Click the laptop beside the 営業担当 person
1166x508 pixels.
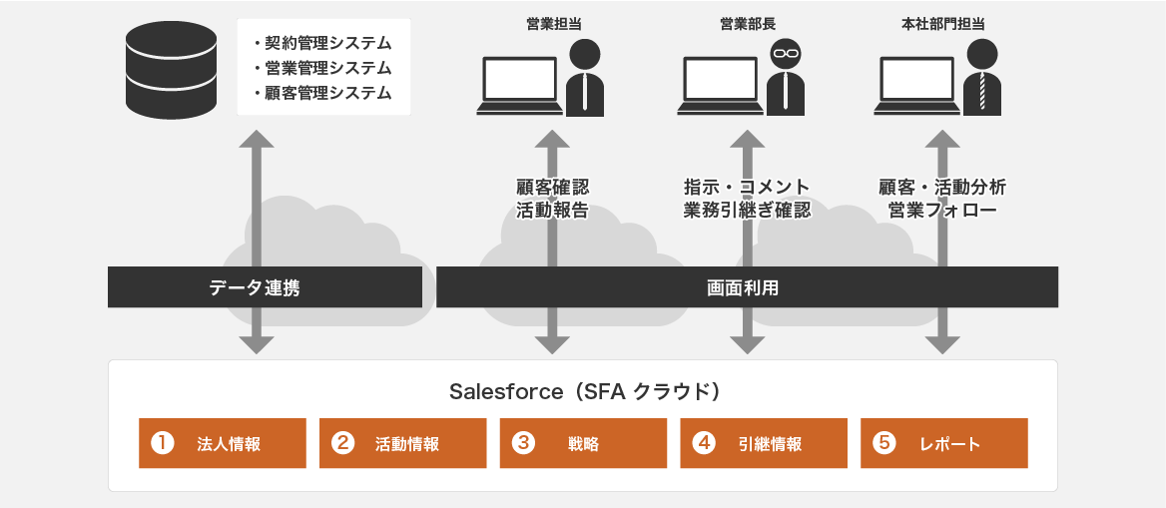click(x=519, y=84)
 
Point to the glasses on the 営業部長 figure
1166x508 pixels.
click(x=786, y=53)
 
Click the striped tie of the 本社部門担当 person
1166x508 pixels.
click(x=984, y=92)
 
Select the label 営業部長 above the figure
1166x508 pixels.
click(x=748, y=21)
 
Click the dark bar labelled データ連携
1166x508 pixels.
click(x=265, y=287)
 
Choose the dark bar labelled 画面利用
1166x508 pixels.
click(x=747, y=287)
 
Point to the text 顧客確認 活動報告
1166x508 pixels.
click(x=552, y=199)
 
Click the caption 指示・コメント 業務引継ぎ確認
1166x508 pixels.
click(x=747, y=199)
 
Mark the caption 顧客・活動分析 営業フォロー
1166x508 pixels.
click(x=942, y=199)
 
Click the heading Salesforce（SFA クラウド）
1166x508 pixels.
click(x=584, y=391)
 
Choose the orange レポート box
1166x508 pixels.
click(x=943, y=443)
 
